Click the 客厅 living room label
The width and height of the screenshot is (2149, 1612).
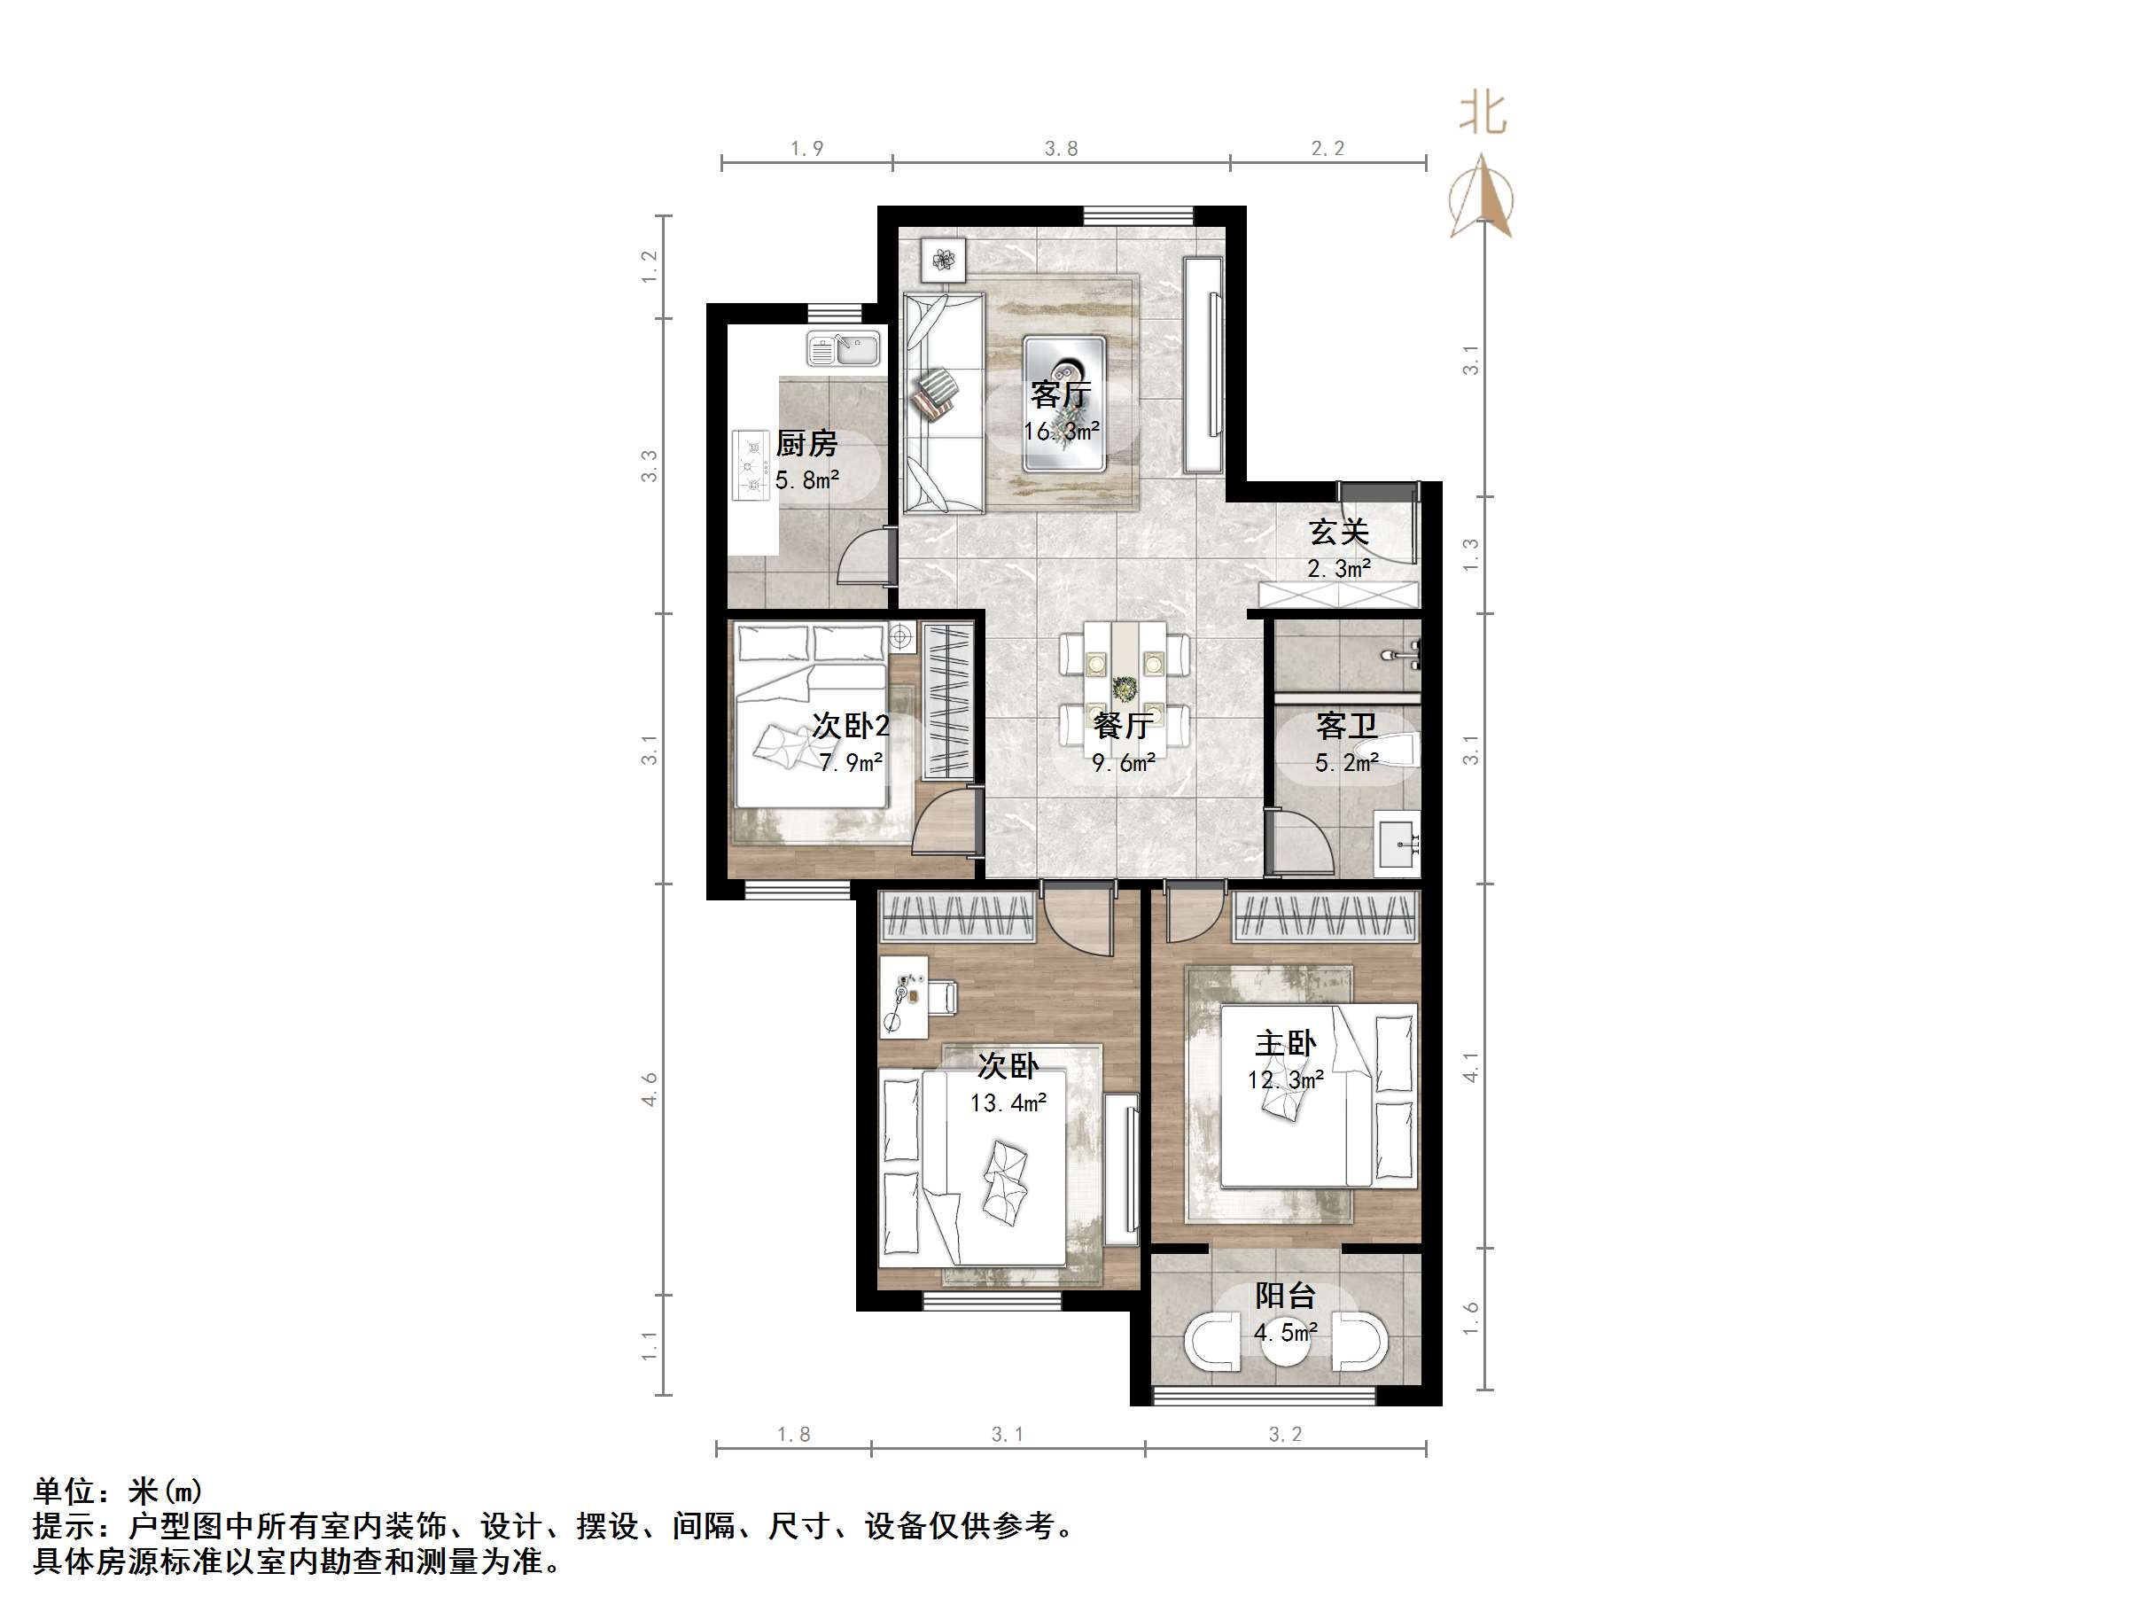(1061, 394)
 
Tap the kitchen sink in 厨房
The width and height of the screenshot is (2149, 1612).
(844, 349)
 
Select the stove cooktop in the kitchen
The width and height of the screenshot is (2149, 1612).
(750, 465)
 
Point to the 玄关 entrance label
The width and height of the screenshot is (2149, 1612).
(1339, 532)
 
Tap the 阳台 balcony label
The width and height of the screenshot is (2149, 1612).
(1284, 1296)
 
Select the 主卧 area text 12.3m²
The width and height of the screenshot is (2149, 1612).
(1285, 1079)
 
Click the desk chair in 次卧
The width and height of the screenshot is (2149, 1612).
(942, 996)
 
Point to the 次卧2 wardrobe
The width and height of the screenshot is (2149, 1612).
(947, 699)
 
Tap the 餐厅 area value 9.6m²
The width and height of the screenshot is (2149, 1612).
(1123, 763)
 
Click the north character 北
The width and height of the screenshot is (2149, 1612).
(1483, 113)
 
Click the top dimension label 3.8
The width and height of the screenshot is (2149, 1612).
(1061, 149)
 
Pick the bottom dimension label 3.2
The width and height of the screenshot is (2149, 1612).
(1284, 1434)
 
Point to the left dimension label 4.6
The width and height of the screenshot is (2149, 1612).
(649, 1089)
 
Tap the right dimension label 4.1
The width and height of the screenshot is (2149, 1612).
(1471, 1067)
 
